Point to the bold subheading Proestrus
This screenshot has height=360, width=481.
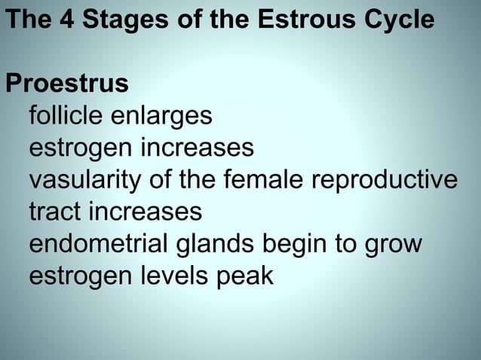(66, 84)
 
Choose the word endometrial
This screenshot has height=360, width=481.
(98, 245)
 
